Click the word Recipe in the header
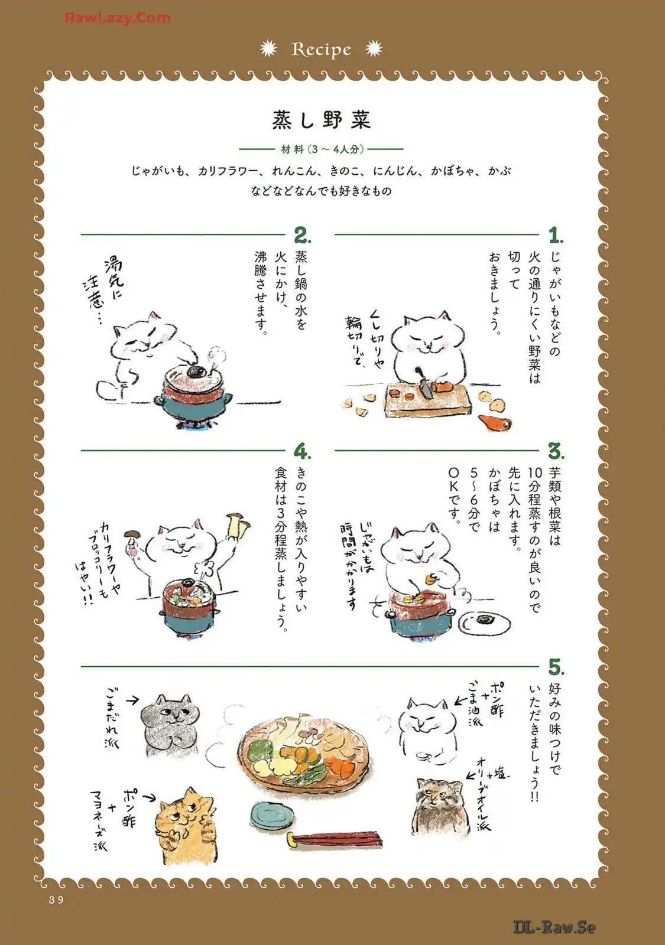click(322, 50)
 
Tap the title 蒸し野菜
click(322, 120)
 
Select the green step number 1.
click(556, 235)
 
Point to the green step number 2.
click(302, 235)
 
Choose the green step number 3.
click(556, 451)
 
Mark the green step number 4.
click(302, 451)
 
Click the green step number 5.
click(556, 667)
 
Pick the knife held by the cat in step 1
click(424, 383)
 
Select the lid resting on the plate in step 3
click(482, 618)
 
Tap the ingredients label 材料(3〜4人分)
click(322, 149)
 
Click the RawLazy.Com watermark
click(118, 18)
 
